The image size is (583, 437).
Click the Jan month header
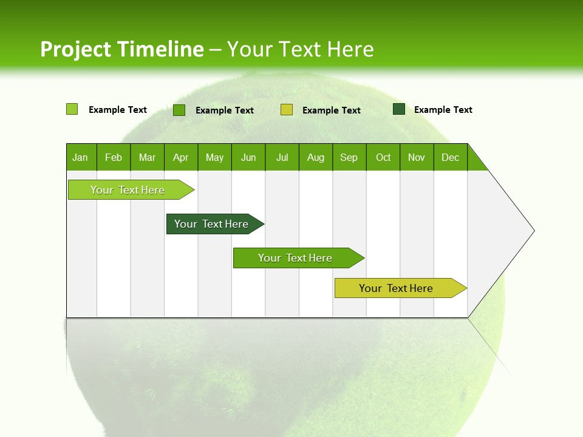81,157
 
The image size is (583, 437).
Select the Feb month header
114,157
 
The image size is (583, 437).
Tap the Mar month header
147,157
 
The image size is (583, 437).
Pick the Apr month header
181,157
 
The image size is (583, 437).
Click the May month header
214,157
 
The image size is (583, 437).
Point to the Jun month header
248,157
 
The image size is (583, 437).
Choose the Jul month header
282,157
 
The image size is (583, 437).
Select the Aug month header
316,157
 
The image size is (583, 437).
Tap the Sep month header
349,157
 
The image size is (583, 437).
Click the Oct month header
383,157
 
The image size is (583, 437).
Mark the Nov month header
417,157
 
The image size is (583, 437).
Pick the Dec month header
451,157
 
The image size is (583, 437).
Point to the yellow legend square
287,110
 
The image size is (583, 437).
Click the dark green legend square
399,109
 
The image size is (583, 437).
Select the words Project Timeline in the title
122,49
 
